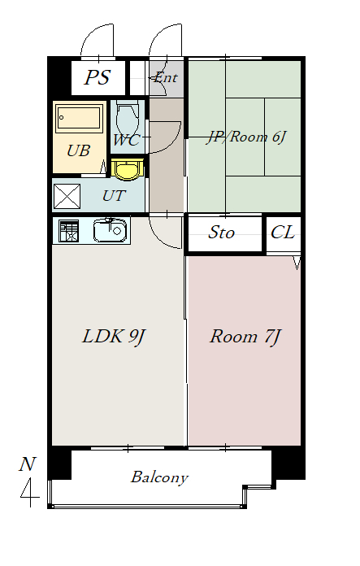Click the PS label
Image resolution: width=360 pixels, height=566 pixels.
point(98,79)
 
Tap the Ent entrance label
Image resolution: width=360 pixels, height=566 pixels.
point(166,78)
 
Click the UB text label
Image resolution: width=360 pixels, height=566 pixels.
point(78,150)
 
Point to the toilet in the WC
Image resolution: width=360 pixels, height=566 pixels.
point(128,120)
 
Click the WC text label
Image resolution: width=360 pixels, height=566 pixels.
point(126,140)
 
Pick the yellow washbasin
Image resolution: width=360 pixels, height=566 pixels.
point(127,169)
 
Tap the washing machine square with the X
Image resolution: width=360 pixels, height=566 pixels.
point(67,197)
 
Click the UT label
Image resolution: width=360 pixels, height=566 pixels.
point(114,196)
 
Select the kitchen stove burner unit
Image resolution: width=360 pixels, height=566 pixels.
point(68,232)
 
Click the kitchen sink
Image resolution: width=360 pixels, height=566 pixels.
point(111,231)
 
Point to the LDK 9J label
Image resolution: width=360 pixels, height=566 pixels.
point(113,336)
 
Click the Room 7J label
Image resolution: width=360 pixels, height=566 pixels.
point(245,336)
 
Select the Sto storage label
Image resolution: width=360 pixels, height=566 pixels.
point(222,233)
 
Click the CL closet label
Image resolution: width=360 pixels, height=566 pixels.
point(282,233)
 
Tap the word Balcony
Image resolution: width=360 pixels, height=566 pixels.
point(159,477)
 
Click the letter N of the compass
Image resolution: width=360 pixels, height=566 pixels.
point(28,465)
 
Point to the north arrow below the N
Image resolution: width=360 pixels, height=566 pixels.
point(30,492)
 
